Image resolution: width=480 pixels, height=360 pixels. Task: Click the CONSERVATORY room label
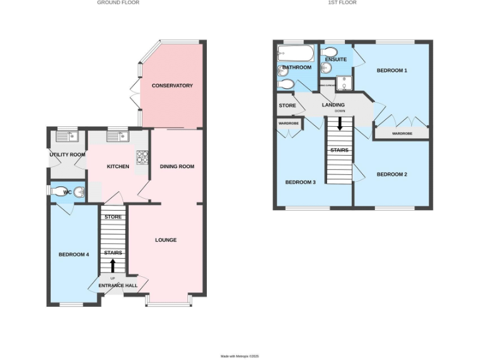tap(172, 86)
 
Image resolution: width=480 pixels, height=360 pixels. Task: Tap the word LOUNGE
tap(166, 240)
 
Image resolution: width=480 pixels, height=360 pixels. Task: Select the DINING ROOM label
tap(177, 166)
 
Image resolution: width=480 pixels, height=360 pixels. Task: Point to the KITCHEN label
tap(118, 166)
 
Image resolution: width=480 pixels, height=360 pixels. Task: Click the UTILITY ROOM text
tap(67, 154)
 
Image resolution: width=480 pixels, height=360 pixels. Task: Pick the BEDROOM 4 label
tap(74, 254)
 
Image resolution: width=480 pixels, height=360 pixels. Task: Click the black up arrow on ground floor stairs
tap(113, 266)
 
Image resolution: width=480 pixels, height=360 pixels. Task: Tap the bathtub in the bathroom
tap(291, 51)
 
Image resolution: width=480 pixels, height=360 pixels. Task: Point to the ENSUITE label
tap(336, 59)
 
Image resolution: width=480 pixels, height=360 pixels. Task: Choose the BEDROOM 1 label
tap(391, 71)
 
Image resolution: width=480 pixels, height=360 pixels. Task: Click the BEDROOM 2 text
tap(392, 174)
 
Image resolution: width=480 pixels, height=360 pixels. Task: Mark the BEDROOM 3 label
tap(300, 182)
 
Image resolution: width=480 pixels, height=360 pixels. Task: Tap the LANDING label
tap(333, 104)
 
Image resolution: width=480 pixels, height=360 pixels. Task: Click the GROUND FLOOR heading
tap(118, 2)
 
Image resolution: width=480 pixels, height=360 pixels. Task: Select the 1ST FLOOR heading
tap(342, 2)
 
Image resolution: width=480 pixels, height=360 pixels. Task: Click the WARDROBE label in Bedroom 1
tap(402, 133)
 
